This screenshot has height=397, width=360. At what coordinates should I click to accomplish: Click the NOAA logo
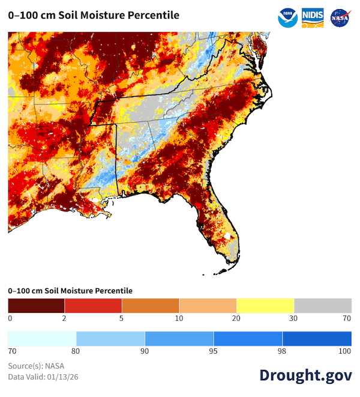pos(287,17)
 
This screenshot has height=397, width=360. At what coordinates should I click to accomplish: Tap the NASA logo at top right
pos(341,17)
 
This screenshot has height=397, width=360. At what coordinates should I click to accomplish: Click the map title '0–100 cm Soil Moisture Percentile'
pos(94,15)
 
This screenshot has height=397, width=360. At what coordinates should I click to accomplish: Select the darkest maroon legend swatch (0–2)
pos(37,305)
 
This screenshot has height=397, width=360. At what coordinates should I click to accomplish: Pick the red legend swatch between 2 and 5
pos(94,305)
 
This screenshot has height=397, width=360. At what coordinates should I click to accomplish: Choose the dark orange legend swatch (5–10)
pos(151,305)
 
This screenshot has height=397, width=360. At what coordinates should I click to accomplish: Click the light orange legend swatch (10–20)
pos(208,305)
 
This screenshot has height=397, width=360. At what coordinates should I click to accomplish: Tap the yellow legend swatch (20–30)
pos(265,305)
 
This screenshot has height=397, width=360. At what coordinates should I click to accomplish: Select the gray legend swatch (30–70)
pos(323,305)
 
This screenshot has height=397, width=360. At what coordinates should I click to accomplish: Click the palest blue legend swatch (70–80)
pos(43,338)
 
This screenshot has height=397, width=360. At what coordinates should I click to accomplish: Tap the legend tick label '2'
pos(65,318)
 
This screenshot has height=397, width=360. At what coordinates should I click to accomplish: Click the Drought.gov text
pos(305,375)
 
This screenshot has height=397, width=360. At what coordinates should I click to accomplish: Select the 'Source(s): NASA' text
pos(36,365)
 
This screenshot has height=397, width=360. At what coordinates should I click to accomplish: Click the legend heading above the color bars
pos(70,290)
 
